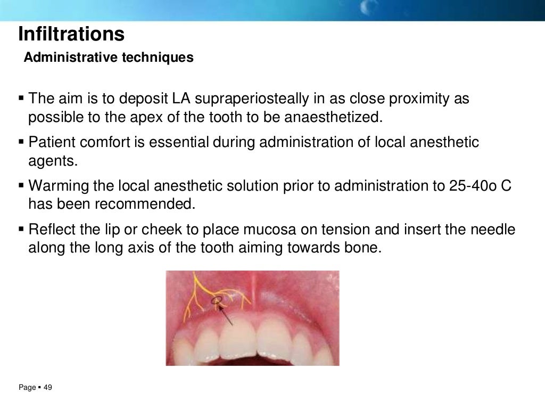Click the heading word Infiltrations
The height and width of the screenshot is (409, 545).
click(71, 34)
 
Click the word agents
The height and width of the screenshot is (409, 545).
click(53, 161)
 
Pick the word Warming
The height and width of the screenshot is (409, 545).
click(59, 186)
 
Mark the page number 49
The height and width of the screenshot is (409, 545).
click(48, 388)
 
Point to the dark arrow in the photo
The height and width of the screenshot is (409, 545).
click(226, 314)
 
